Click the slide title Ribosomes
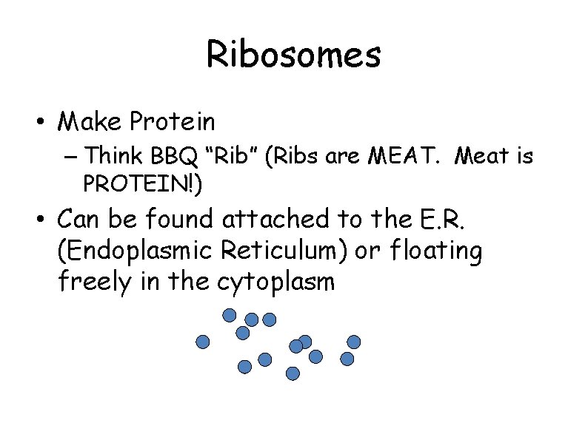[x=293, y=55]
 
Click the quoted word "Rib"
[x=238, y=156]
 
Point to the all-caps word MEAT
[x=411, y=156]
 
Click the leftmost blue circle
[x=202, y=341]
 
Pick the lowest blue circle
[x=293, y=373]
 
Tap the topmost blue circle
[x=230, y=316]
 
